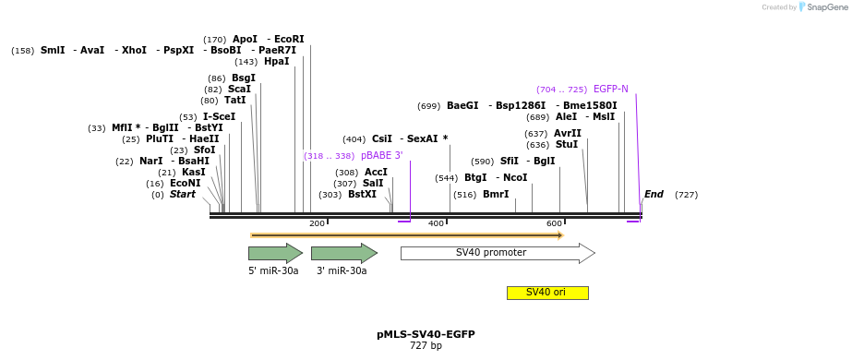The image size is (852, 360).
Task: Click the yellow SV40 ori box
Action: click(546, 293)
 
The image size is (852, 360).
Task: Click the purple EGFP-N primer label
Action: click(611, 90)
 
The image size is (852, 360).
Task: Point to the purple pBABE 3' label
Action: click(381, 156)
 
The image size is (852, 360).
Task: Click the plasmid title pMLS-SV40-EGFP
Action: click(426, 334)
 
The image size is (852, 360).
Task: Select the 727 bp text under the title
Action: click(426, 346)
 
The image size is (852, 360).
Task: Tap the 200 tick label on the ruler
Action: click(317, 224)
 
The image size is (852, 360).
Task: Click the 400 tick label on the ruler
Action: click(436, 224)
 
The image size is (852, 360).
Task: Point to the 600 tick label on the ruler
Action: click(555, 224)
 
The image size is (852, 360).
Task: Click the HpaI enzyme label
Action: click(276, 62)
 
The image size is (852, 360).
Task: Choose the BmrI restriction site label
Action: click(496, 195)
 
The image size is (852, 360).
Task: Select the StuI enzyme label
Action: click(567, 145)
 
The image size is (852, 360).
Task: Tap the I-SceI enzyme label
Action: click(219, 117)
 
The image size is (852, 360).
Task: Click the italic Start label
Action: click(183, 195)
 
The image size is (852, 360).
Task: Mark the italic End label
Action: click(654, 195)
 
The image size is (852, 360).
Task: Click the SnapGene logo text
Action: click(822, 7)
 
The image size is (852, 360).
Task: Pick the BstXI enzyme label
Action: click(362, 195)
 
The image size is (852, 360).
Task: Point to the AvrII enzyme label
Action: click(567, 133)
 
